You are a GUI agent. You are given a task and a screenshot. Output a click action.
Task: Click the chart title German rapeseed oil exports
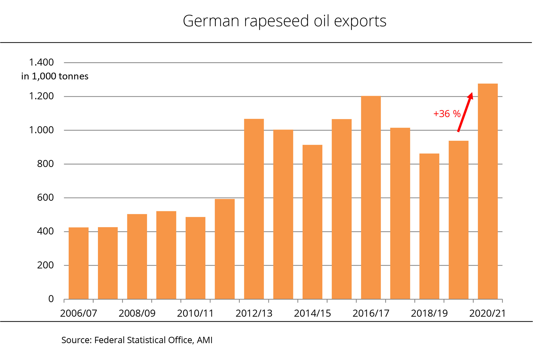click(284, 21)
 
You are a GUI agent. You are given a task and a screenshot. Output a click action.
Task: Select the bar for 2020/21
click(488, 191)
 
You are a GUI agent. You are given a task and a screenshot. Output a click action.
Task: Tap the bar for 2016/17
click(371, 198)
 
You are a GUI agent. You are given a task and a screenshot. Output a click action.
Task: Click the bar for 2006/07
click(79, 263)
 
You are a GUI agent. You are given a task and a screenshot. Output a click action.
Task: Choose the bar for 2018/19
click(429, 226)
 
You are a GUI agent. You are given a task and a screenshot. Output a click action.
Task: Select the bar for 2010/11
click(195, 258)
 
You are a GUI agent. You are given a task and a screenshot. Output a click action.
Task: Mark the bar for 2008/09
click(137, 256)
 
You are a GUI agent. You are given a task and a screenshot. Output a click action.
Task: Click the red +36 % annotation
click(447, 114)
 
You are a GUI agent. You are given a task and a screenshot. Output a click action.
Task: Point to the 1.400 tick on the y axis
click(41, 62)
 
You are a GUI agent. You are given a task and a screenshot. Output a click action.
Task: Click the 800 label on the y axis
click(45, 164)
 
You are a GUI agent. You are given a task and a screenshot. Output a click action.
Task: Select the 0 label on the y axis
click(51, 299)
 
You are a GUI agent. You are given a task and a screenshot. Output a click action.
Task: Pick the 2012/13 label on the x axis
click(254, 313)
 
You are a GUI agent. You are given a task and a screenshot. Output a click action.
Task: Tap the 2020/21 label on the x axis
click(487, 313)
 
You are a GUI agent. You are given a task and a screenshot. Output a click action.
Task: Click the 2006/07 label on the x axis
click(79, 313)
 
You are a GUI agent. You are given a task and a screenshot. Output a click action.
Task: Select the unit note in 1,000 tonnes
click(55, 76)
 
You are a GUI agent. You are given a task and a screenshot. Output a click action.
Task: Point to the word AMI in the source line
click(205, 340)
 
